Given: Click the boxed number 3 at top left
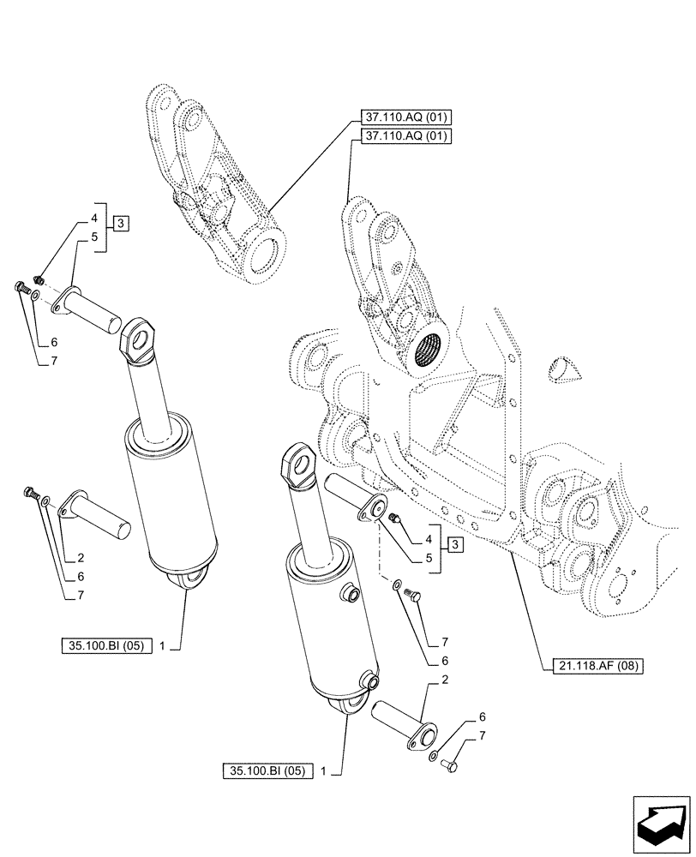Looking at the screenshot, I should (121, 225).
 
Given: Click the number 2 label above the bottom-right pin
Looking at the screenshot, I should (444, 680).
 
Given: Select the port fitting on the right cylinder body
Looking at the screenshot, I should (350, 592).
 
